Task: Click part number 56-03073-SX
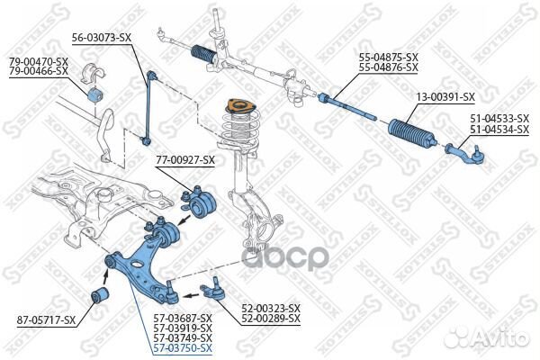(x=102, y=38)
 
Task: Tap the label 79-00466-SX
(x=39, y=70)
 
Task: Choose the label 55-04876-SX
(x=389, y=67)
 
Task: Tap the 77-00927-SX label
(x=185, y=160)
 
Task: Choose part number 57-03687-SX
(x=182, y=319)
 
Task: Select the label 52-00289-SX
(x=270, y=319)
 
